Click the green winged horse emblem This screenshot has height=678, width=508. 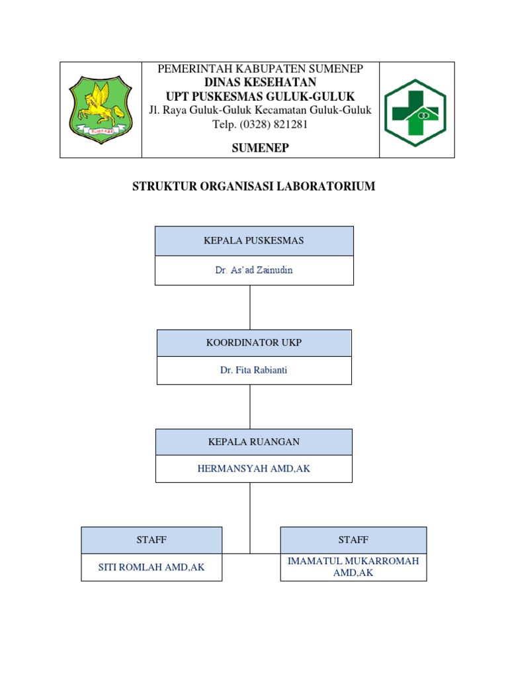pos(101,109)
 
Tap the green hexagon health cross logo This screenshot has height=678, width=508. pos(415,112)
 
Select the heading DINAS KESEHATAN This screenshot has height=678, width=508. pos(260,82)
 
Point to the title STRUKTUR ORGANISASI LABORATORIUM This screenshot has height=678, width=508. pos(254,187)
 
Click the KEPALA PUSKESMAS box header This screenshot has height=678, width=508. pos(254,240)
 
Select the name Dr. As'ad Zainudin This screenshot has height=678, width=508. pos(254,270)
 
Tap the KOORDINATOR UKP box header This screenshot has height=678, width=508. pos(254,342)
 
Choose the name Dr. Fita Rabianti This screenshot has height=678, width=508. pos(254,370)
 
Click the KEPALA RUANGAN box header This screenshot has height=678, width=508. pos(254,442)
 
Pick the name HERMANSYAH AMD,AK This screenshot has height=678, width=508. pos(254,469)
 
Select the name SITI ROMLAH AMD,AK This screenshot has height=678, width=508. pos(151,567)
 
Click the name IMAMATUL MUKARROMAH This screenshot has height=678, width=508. pos(353,561)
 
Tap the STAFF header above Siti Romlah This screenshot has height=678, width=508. pos(151,540)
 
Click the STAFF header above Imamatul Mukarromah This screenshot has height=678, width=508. pos(353,540)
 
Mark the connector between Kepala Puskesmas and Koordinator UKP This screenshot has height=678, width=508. pos(250,307)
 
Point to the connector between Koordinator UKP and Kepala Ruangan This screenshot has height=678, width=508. pos(250,407)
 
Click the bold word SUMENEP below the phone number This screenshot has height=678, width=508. pos(260,148)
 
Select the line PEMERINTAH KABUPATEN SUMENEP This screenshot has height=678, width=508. pos(260,69)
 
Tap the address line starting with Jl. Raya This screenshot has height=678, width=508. pos(260,110)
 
